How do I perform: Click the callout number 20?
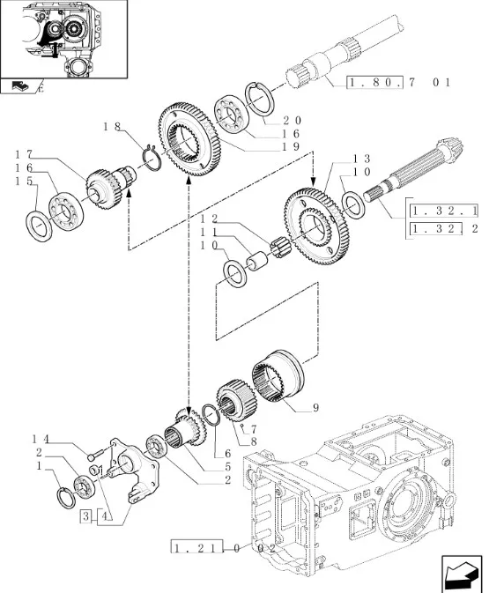(292, 120)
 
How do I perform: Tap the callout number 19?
(291, 146)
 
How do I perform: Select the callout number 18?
(112, 126)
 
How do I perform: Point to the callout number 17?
(24, 154)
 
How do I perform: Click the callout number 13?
(361, 159)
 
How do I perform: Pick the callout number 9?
(315, 408)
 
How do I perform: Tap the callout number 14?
(41, 439)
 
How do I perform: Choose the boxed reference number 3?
(86, 515)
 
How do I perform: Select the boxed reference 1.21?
(196, 547)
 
